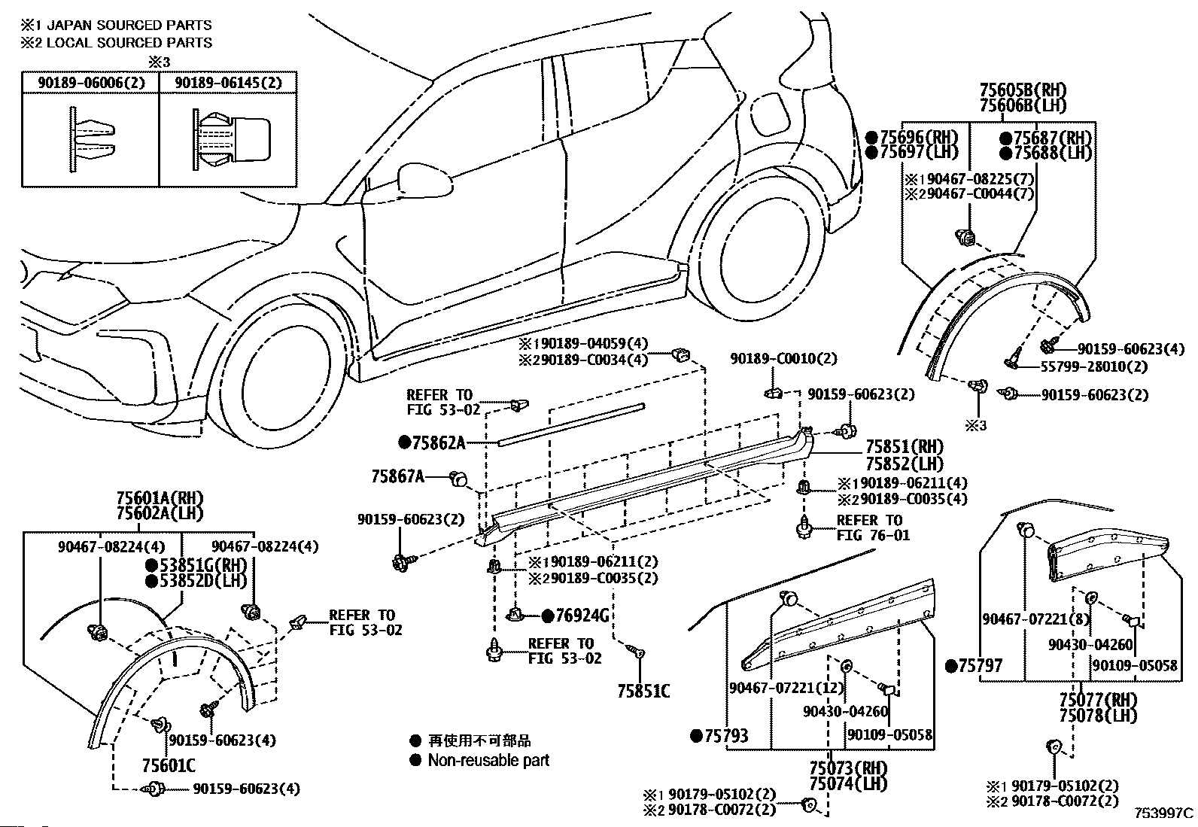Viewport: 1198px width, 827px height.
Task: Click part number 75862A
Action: pyautogui.click(x=438, y=443)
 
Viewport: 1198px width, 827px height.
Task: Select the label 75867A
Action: pyautogui.click(x=397, y=476)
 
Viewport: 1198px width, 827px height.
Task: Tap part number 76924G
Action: pyautogui.click(x=582, y=616)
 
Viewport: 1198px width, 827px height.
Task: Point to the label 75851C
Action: pyautogui.click(x=643, y=691)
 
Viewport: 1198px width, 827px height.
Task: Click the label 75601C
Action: pyautogui.click(x=169, y=765)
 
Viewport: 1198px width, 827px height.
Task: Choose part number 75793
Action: pyautogui.click(x=726, y=736)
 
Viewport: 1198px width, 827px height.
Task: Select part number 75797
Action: pyautogui.click(x=981, y=665)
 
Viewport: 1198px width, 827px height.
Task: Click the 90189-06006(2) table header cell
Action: pyautogui.click(x=91, y=82)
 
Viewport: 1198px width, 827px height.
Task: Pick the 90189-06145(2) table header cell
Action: pyautogui.click(x=228, y=82)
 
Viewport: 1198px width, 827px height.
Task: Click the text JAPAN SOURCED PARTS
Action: pyautogui.click(x=129, y=25)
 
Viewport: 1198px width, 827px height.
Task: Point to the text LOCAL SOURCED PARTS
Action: pyautogui.click(x=129, y=43)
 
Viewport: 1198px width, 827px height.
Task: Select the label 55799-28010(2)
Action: pyautogui.click(x=1093, y=367)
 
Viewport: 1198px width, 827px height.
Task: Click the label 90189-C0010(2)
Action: pyautogui.click(x=783, y=358)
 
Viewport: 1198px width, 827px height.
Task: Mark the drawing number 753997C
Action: pyautogui.click(x=1163, y=813)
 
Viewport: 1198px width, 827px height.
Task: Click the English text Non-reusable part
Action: pyautogui.click(x=489, y=760)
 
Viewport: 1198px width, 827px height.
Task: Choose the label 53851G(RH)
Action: pyautogui.click(x=203, y=565)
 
